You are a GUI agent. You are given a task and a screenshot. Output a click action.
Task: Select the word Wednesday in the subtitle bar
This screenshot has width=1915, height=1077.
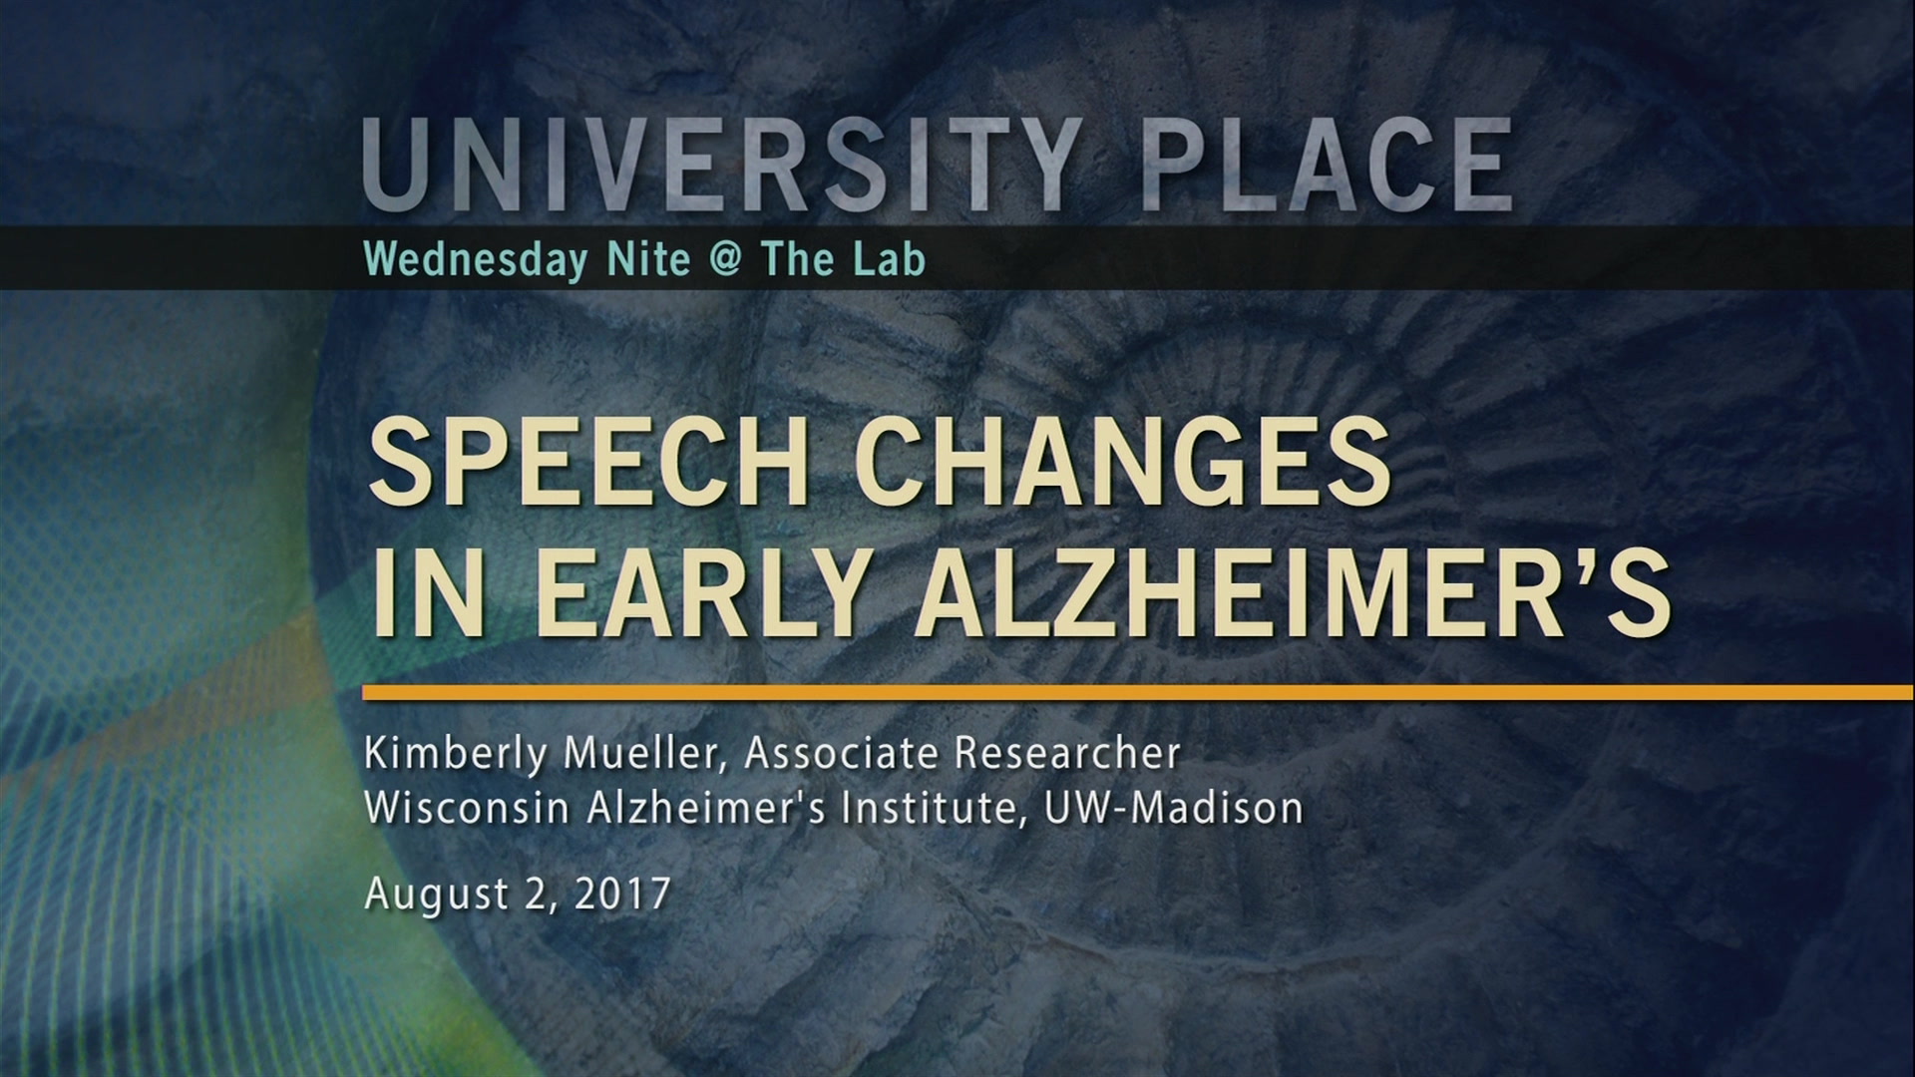click(477, 260)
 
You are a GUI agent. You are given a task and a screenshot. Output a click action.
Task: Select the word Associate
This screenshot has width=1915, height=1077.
click(840, 754)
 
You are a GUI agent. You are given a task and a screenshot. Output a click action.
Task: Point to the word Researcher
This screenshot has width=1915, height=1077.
click(1067, 754)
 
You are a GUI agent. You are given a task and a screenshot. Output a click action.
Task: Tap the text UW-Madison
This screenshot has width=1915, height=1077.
click(1174, 808)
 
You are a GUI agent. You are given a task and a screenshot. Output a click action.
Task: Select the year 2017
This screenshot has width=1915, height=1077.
click(622, 893)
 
